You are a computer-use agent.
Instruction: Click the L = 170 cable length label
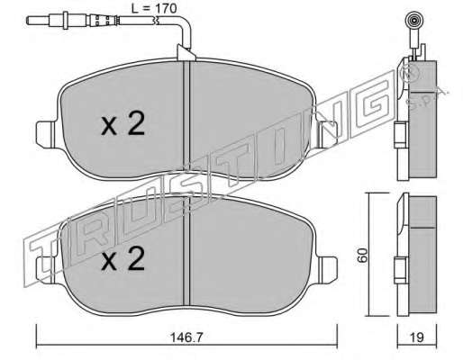[154, 8]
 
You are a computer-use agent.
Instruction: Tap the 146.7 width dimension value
[186, 337]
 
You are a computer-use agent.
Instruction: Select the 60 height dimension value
[362, 256]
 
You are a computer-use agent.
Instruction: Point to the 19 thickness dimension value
[417, 337]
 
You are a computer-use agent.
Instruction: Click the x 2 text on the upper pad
[123, 123]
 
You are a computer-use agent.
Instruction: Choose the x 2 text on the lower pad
[123, 258]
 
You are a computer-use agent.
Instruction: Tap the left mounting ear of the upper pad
[46, 134]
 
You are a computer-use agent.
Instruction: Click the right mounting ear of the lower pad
[328, 270]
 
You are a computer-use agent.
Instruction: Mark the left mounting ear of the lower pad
[46, 270]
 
